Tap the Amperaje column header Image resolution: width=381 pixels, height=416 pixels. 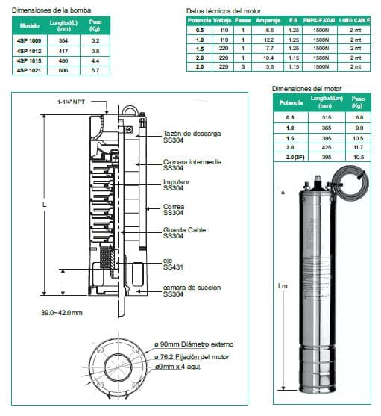[268, 22]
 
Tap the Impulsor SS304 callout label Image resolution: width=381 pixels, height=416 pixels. [177, 185]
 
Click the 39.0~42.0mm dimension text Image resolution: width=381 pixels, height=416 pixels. [62, 312]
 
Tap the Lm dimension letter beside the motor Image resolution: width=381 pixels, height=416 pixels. [281, 285]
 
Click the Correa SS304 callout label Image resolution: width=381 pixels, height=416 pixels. [174, 210]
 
